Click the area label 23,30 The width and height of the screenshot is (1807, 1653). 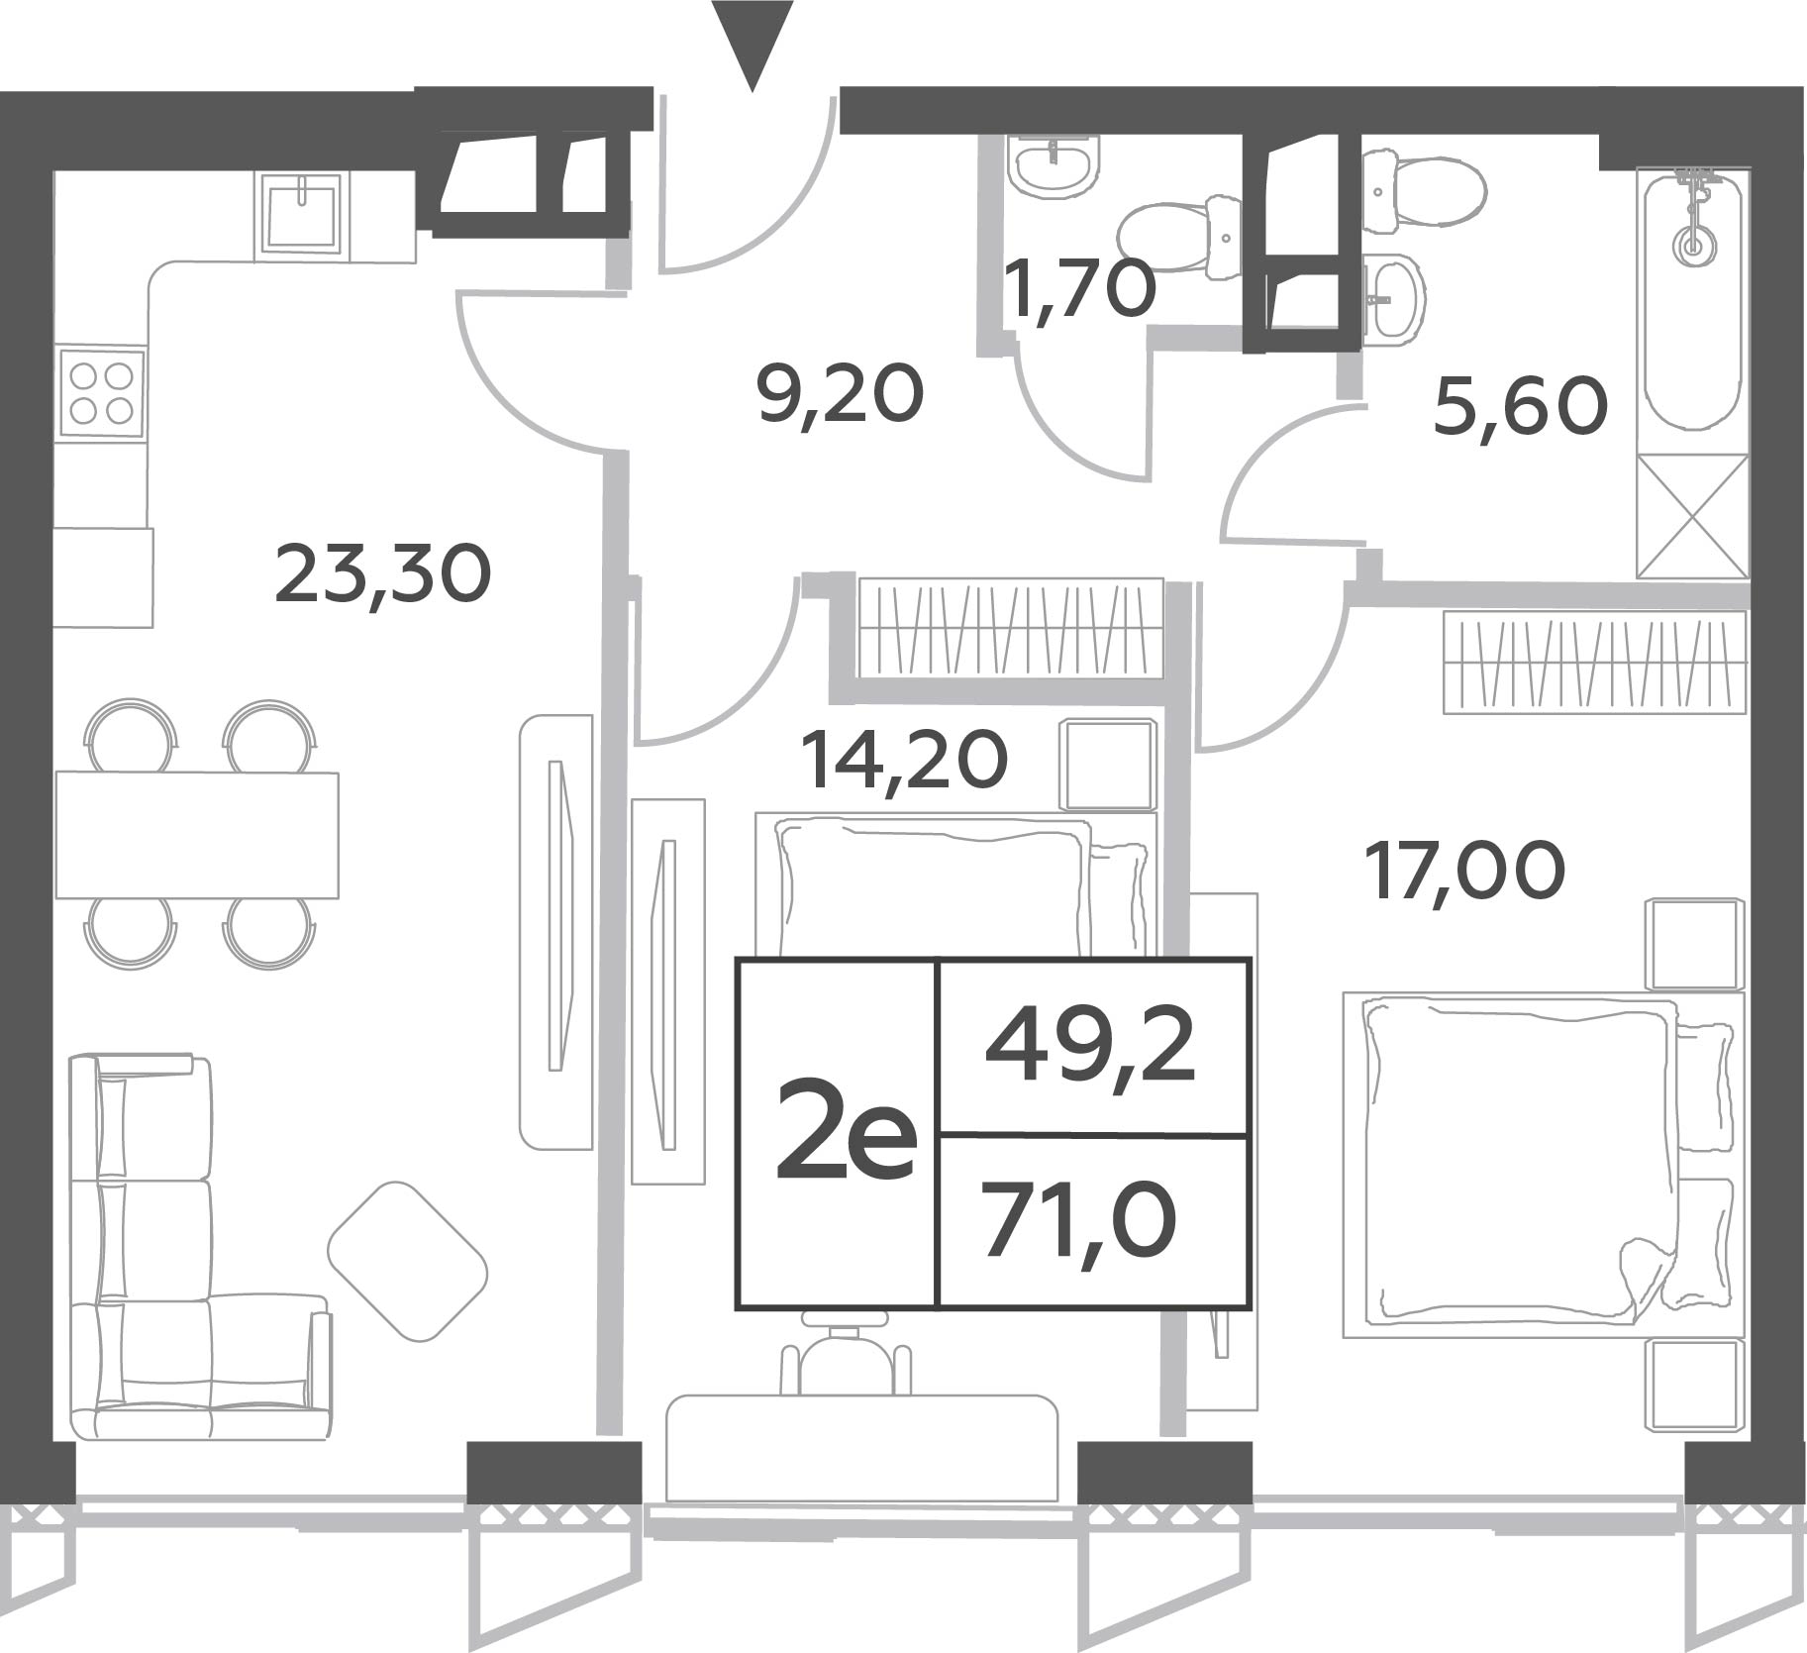coord(382,576)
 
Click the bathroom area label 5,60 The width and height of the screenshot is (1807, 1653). coord(1520,408)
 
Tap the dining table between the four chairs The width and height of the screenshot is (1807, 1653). coord(197,835)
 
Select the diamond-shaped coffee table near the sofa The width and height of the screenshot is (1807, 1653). coord(408,1261)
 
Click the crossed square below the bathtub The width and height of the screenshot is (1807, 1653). coord(1693,516)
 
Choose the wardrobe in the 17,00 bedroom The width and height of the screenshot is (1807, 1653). coord(1595,662)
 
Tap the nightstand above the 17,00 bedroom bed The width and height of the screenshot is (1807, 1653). coord(1694,944)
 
